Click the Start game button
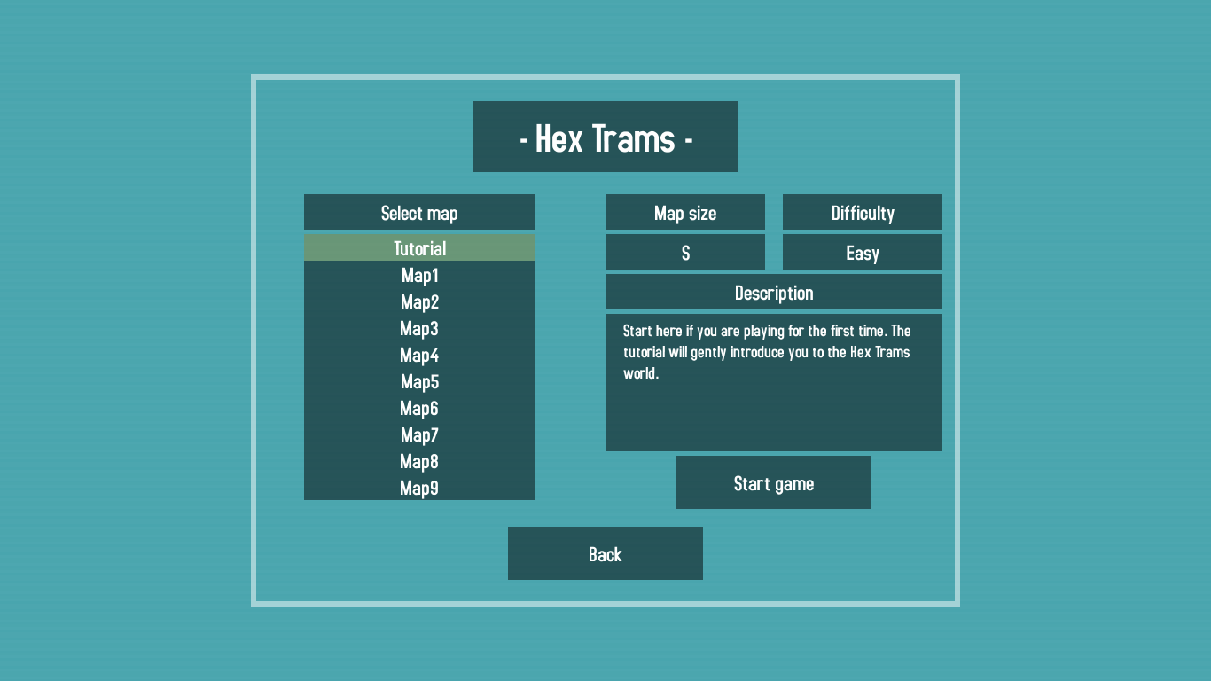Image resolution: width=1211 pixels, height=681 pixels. (x=773, y=482)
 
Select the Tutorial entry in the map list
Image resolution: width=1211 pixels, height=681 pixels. (x=419, y=248)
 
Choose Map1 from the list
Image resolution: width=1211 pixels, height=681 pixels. (x=419, y=275)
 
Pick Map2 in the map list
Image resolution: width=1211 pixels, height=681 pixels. (x=419, y=301)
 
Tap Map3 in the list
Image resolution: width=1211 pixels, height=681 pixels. (x=419, y=328)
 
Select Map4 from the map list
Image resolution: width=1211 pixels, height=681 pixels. (x=419, y=355)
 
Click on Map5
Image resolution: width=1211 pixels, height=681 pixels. (x=419, y=381)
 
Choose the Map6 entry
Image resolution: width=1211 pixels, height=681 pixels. (x=419, y=408)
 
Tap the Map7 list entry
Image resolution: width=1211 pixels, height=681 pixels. (x=419, y=434)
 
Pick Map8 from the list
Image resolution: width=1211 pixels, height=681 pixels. (x=419, y=461)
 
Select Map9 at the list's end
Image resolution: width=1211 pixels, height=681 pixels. (x=419, y=488)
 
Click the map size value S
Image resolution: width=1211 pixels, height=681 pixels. (x=685, y=253)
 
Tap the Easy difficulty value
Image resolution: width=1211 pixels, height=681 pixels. (x=862, y=253)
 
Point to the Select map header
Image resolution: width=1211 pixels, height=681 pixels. (x=419, y=213)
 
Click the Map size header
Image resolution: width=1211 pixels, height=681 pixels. (x=685, y=213)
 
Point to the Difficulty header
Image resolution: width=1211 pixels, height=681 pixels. (x=862, y=213)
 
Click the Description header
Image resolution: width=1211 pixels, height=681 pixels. (x=773, y=293)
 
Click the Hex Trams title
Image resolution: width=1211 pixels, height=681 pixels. (x=605, y=137)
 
